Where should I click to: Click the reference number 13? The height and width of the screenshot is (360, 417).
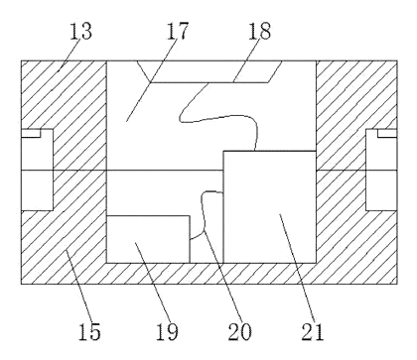pyautogui.click(x=80, y=32)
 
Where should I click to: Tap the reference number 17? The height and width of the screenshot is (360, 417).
pyautogui.click(x=177, y=31)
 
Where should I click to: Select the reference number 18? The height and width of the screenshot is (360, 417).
pyautogui.click(x=259, y=31)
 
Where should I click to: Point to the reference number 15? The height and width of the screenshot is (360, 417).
pyautogui.click(x=89, y=331)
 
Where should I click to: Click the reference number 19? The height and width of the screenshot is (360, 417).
pyautogui.click(x=167, y=331)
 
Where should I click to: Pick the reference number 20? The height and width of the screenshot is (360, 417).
pyautogui.click(x=239, y=331)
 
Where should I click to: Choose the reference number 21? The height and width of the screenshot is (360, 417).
pyautogui.click(x=312, y=331)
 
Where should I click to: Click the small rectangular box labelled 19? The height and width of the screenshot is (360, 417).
pyautogui.click(x=148, y=239)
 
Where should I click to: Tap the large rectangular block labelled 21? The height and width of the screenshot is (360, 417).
pyautogui.click(x=269, y=207)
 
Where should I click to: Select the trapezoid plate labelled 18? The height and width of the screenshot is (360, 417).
pyautogui.click(x=209, y=71)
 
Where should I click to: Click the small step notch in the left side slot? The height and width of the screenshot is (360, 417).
pyautogui.click(x=31, y=133)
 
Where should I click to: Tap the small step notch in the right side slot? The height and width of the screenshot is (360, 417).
pyautogui.click(x=387, y=133)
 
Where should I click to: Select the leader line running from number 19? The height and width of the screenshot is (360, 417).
pyautogui.click(x=153, y=282)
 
